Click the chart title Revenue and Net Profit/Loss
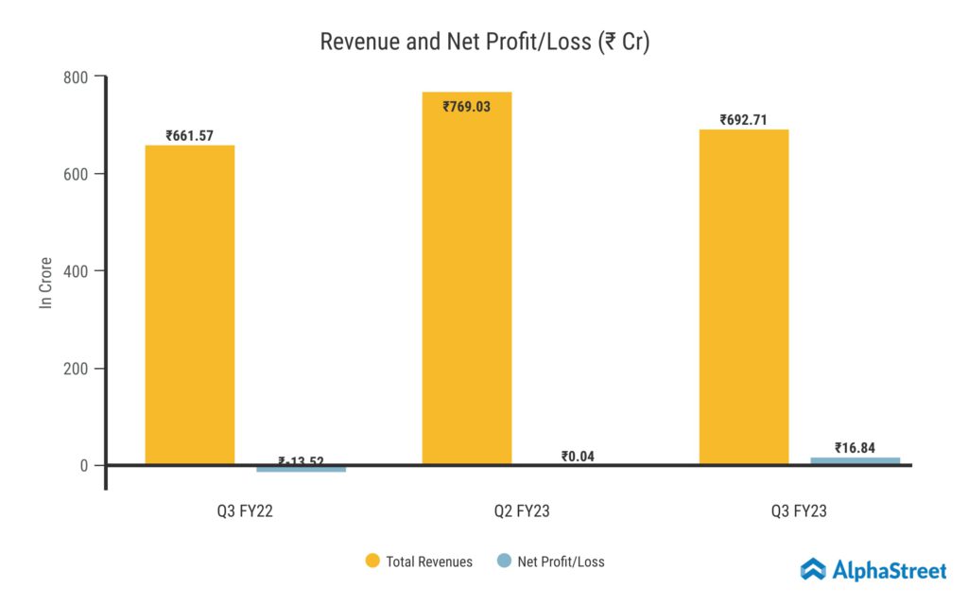484,42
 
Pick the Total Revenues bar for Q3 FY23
743,297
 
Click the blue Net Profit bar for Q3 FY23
855,460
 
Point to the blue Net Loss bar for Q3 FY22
301,469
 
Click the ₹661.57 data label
189,135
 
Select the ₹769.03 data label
466,106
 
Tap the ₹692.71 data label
743,120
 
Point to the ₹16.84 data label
855,447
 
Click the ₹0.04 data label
578,457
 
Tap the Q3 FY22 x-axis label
245,511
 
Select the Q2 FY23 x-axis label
522,511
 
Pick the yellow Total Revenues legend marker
372,561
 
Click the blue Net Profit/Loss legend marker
504,561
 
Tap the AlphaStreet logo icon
813,569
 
